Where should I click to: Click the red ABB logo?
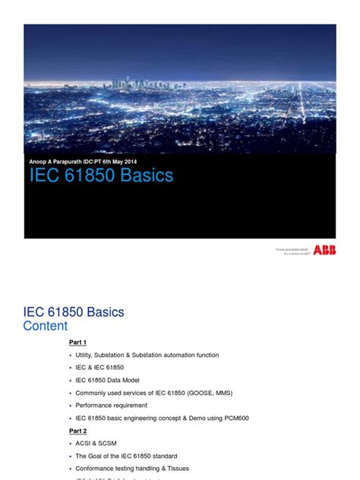click(324, 250)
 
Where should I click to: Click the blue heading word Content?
click(45, 326)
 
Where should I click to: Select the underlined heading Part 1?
click(77, 343)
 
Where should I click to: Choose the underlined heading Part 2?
click(77, 430)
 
